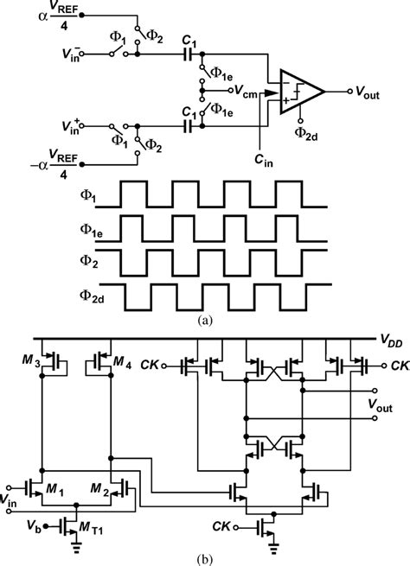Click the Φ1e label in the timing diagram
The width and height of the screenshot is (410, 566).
click(x=91, y=230)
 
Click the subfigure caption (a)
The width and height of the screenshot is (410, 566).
click(x=205, y=319)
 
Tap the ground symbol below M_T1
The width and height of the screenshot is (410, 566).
click(x=75, y=544)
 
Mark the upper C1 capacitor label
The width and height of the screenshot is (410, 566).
click(x=189, y=40)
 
